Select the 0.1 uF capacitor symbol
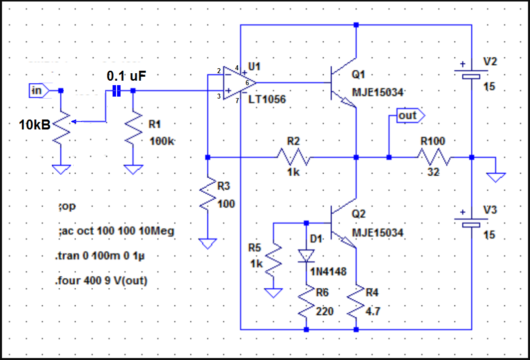(116, 91)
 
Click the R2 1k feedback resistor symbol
(293, 157)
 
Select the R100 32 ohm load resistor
(434, 157)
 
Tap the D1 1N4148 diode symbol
(306, 256)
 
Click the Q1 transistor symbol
(344, 83)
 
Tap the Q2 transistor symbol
(344, 223)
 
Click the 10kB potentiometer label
(34, 125)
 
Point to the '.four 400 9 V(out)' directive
(102, 280)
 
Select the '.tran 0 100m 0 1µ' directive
(100, 255)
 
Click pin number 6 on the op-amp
(247, 83)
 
